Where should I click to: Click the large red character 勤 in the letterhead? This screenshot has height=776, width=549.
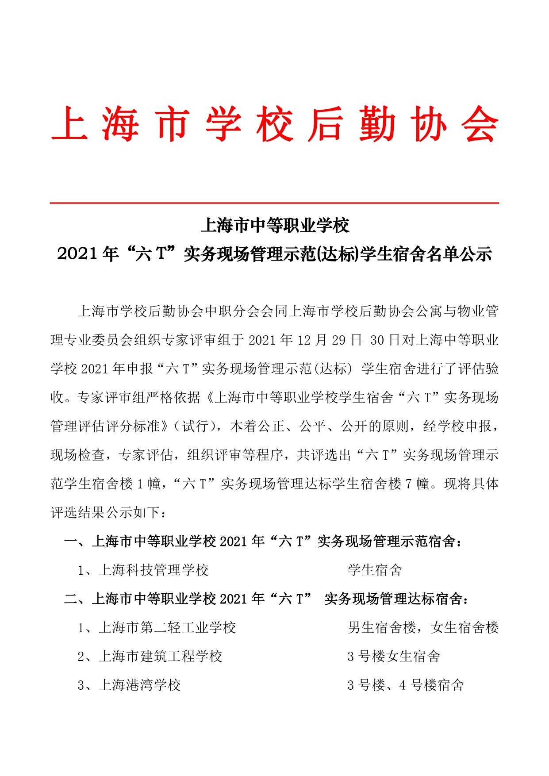coord(377,124)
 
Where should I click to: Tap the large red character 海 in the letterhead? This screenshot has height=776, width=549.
coord(120,124)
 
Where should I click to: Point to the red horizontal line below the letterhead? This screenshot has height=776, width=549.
coord(274,203)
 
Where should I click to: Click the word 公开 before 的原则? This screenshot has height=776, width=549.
coord(355,426)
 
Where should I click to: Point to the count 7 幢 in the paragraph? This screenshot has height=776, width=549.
coord(417,484)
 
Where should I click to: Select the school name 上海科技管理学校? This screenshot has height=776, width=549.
coord(154,570)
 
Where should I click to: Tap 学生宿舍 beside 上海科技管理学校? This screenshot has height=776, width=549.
coord(375,570)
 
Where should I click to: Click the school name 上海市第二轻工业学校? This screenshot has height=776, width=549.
coord(167,628)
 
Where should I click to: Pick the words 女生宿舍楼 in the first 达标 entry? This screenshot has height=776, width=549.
coord(465,628)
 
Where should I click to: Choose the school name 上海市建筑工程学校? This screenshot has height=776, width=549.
coord(160,657)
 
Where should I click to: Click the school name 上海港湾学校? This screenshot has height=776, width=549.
coord(140,685)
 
